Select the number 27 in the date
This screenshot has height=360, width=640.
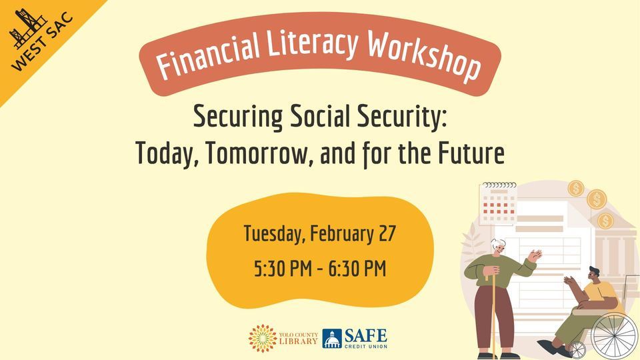[386, 235]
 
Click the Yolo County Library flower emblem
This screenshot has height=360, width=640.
[262, 338]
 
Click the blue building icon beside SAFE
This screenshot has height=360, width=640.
[332, 339]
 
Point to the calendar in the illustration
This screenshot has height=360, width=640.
[499, 204]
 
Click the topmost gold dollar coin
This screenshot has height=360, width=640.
[576, 188]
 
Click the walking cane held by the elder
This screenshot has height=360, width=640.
[495, 313]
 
